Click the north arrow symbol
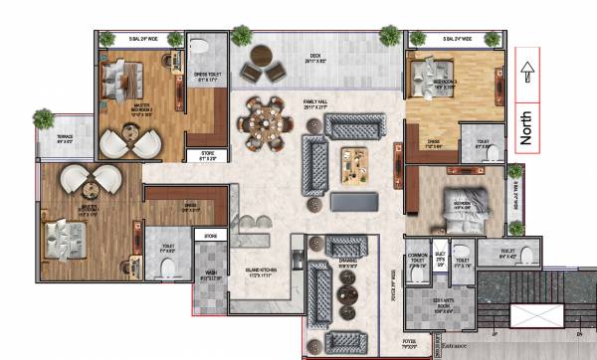(x=527, y=73)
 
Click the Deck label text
(x=316, y=54)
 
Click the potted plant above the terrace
(x=43, y=119)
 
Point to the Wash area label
(x=210, y=276)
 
